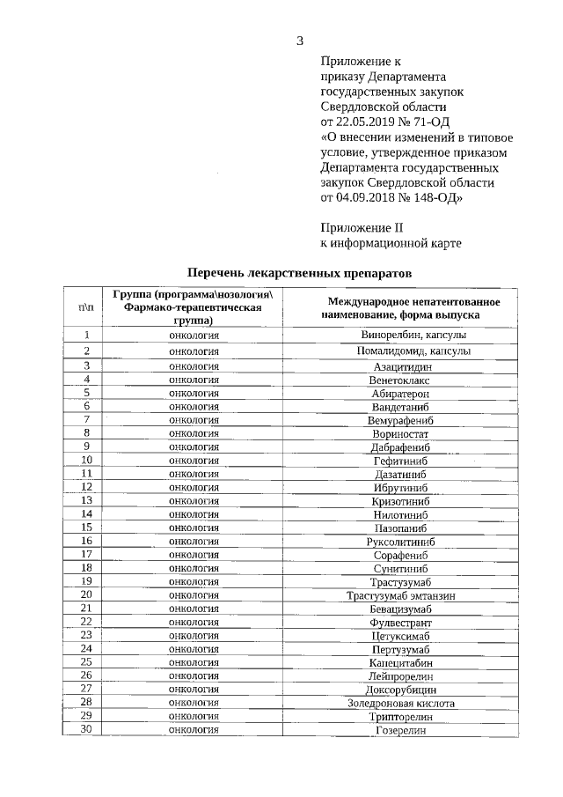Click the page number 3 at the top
point(300,40)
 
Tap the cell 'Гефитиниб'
point(401,461)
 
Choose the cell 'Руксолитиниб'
point(401,542)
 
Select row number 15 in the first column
point(86,528)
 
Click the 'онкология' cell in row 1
point(194,336)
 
